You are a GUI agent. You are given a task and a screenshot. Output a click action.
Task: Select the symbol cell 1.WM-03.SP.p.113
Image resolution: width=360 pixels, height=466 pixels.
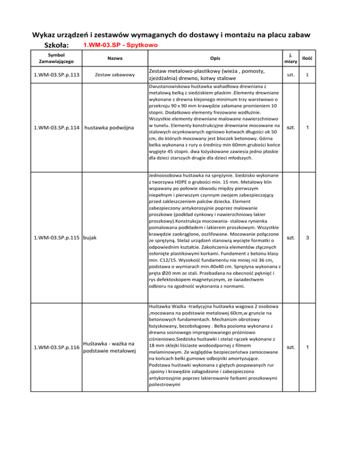(54, 74)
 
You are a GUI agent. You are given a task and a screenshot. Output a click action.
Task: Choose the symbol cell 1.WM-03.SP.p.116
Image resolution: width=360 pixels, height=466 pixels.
(54, 347)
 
